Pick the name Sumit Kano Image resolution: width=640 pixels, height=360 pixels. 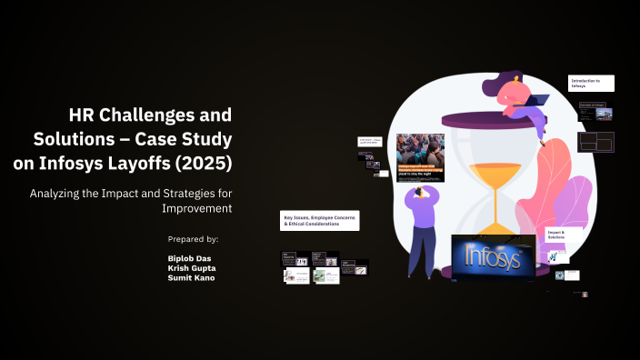pyautogui.click(x=192, y=278)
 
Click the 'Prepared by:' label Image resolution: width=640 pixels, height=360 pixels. pyautogui.click(x=194, y=239)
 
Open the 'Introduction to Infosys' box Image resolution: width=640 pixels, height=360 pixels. pyautogui.click(x=591, y=84)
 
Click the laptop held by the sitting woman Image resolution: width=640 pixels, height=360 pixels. pyautogui.click(x=537, y=99)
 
